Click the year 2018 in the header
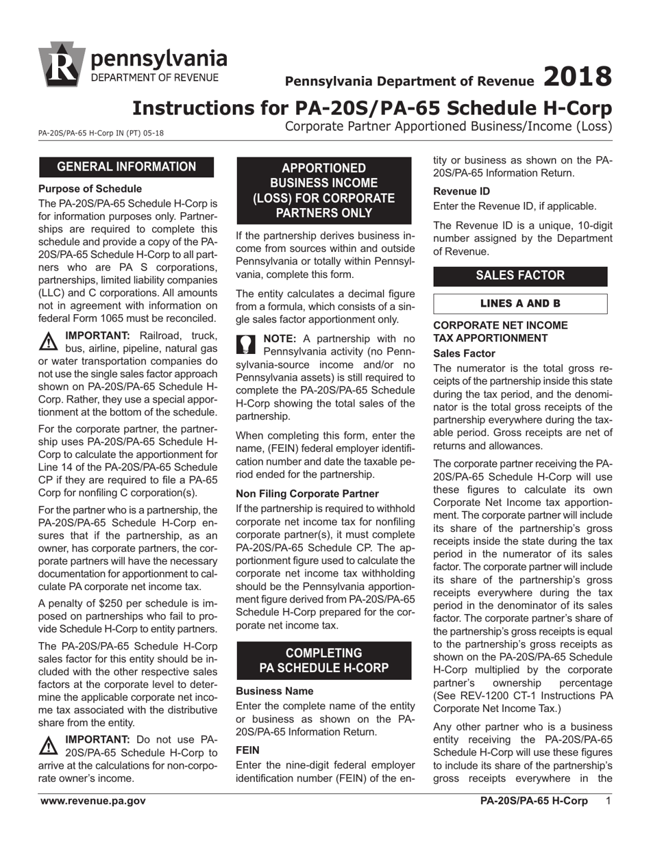click(x=576, y=77)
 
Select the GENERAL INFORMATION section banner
click(x=126, y=167)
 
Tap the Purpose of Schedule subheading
click(x=90, y=188)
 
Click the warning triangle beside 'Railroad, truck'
click(x=49, y=340)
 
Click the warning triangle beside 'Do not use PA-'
click(x=49, y=744)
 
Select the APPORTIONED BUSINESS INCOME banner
click(x=324, y=190)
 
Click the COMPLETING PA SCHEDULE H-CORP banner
click(x=324, y=660)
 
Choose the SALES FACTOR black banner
click(x=521, y=276)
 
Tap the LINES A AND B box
click(x=521, y=303)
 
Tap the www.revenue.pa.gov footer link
click(x=93, y=802)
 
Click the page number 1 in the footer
click(x=609, y=802)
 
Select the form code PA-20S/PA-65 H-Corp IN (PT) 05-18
click(x=101, y=133)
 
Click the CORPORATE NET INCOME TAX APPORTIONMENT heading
click(x=501, y=331)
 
